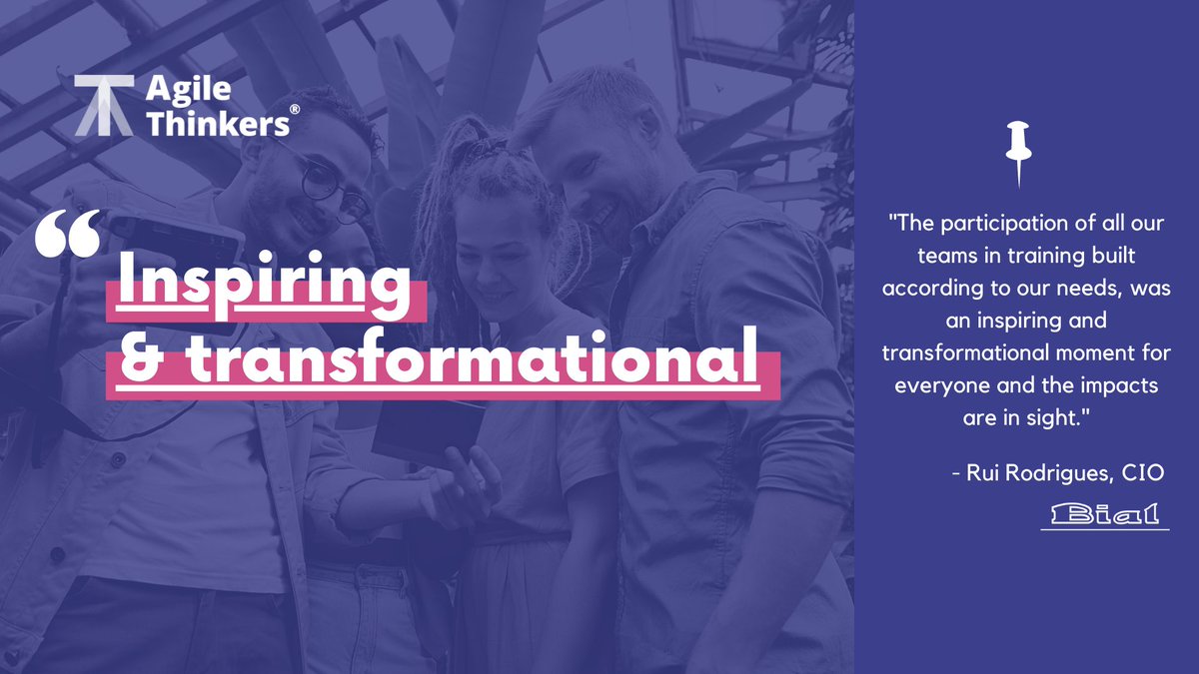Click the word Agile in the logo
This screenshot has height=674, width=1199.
tap(189, 89)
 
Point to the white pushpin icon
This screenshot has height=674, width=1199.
tap(1017, 150)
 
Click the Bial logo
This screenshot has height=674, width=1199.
tap(1104, 515)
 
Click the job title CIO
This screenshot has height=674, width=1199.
tap(1143, 473)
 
